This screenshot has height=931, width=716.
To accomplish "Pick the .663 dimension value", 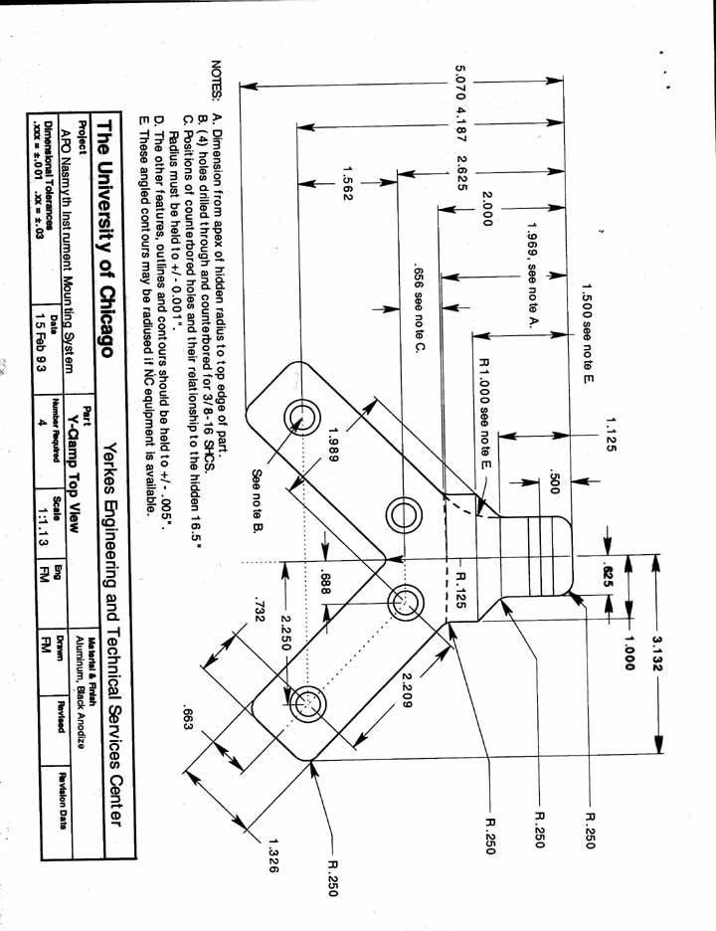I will (187, 718).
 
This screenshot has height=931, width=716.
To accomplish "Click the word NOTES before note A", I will (217, 79).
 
